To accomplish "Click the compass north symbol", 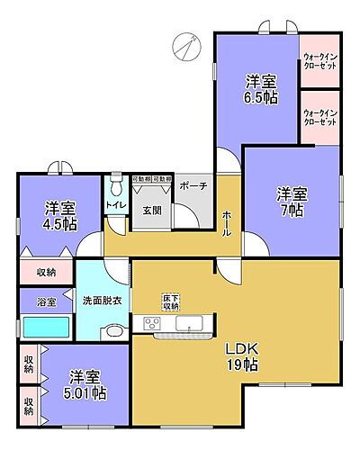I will [x=187, y=44].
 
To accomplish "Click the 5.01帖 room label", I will [x=87, y=384].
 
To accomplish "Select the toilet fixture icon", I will [x=115, y=186].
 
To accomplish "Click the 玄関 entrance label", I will [x=151, y=211].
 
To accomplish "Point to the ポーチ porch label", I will [x=193, y=185].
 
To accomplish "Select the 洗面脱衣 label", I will [x=101, y=301].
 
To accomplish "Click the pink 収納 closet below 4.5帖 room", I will [x=47, y=271].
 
